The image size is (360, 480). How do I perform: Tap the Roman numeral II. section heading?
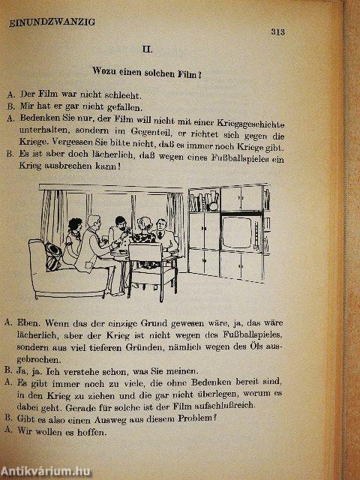(x=147, y=50)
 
